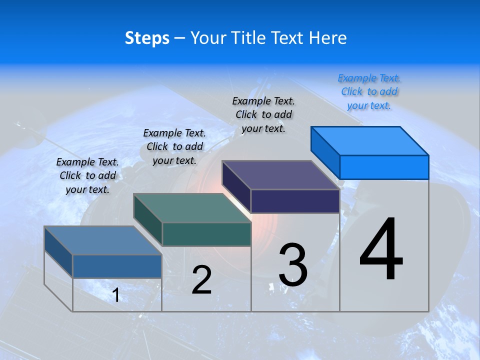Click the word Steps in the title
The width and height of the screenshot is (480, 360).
(x=147, y=38)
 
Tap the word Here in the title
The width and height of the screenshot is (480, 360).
(x=327, y=38)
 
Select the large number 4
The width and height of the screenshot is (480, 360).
(x=381, y=250)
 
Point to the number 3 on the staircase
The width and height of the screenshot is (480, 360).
(x=293, y=265)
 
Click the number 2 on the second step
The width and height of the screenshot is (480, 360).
(x=201, y=280)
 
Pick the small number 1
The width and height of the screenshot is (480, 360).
(x=116, y=295)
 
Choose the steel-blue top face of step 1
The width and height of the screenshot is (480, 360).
(x=103, y=240)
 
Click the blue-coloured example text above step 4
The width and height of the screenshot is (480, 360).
(x=369, y=91)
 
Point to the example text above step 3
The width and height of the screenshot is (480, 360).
(x=263, y=114)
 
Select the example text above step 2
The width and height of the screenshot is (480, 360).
(x=174, y=146)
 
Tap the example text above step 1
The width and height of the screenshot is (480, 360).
(x=87, y=175)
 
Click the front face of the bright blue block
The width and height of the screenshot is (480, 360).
(x=384, y=167)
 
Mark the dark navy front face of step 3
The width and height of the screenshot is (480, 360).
(x=295, y=201)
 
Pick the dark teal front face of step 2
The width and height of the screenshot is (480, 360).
(x=206, y=234)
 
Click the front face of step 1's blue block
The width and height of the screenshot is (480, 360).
(x=117, y=266)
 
